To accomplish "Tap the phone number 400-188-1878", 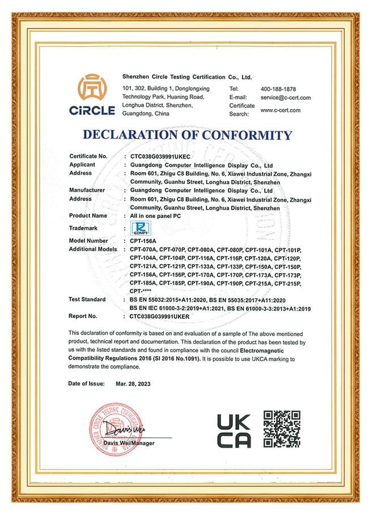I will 278,89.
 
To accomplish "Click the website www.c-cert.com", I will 281,110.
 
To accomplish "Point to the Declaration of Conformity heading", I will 187,135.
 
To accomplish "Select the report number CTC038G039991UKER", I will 160,316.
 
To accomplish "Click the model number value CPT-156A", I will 143,241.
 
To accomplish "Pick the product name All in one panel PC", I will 155,216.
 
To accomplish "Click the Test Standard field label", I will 87,299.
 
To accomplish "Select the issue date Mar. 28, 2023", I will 133,384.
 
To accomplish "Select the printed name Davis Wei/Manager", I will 129,443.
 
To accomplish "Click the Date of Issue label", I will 86,384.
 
